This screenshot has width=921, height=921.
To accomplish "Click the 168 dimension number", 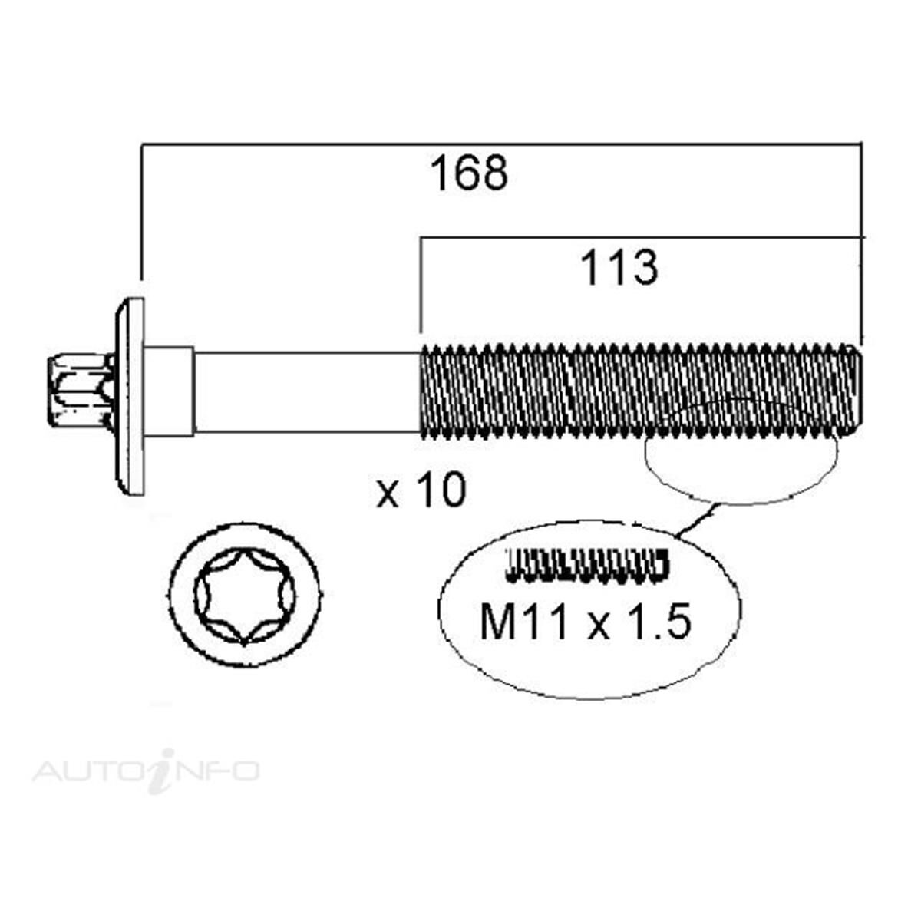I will tap(468, 173).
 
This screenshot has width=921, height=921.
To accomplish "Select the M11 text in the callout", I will tap(523, 622).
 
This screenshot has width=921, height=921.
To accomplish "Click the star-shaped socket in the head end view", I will tap(246, 595).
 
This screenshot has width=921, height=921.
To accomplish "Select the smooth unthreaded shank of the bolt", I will tap(307, 391).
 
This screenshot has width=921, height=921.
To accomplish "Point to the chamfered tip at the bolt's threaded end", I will tap(858, 391).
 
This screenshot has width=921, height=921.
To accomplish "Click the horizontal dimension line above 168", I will tap(499, 144).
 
